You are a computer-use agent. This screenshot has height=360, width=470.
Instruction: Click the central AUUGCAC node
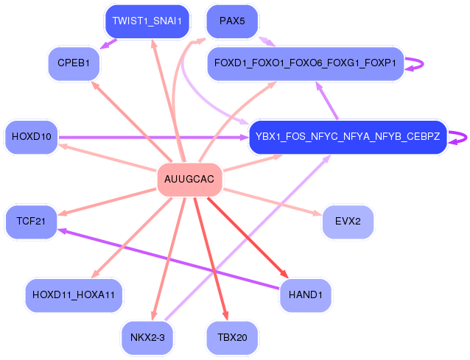pyautogui.click(x=190, y=180)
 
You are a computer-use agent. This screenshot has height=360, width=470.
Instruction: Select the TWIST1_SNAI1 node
pyautogui.click(x=147, y=21)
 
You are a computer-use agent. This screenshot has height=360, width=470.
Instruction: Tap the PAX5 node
pyautogui.click(x=232, y=21)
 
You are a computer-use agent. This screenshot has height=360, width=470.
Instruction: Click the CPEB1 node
pyautogui.click(x=73, y=63)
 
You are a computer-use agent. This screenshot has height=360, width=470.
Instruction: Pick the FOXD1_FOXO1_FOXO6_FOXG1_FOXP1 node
pyautogui.click(x=305, y=63)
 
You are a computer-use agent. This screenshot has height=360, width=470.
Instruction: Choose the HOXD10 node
pyautogui.click(x=32, y=137)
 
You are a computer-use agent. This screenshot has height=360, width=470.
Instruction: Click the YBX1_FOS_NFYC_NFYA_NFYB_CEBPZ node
pyautogui.click(x=348, y=137)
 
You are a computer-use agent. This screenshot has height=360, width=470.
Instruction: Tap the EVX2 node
pyautogui.click(x=348, y=222)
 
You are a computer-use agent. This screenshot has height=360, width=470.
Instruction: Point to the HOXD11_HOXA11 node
pyautogui.click(x=74, y=294)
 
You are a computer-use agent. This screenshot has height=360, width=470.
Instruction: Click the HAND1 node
pyautogui.click(x=306, y=294)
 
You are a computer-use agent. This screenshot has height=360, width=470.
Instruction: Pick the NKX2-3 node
pyautogui.click(x=147, y=338)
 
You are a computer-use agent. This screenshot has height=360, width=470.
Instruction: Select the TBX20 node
pyautogui.click(x=232, y=338)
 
